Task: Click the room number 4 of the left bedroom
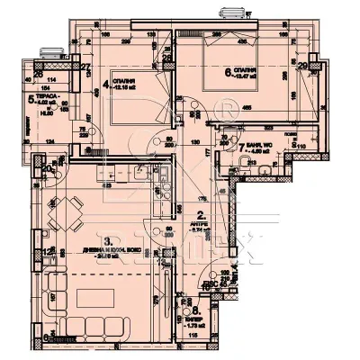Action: coord(106,86)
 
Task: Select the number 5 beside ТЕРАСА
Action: coord(31,101)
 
